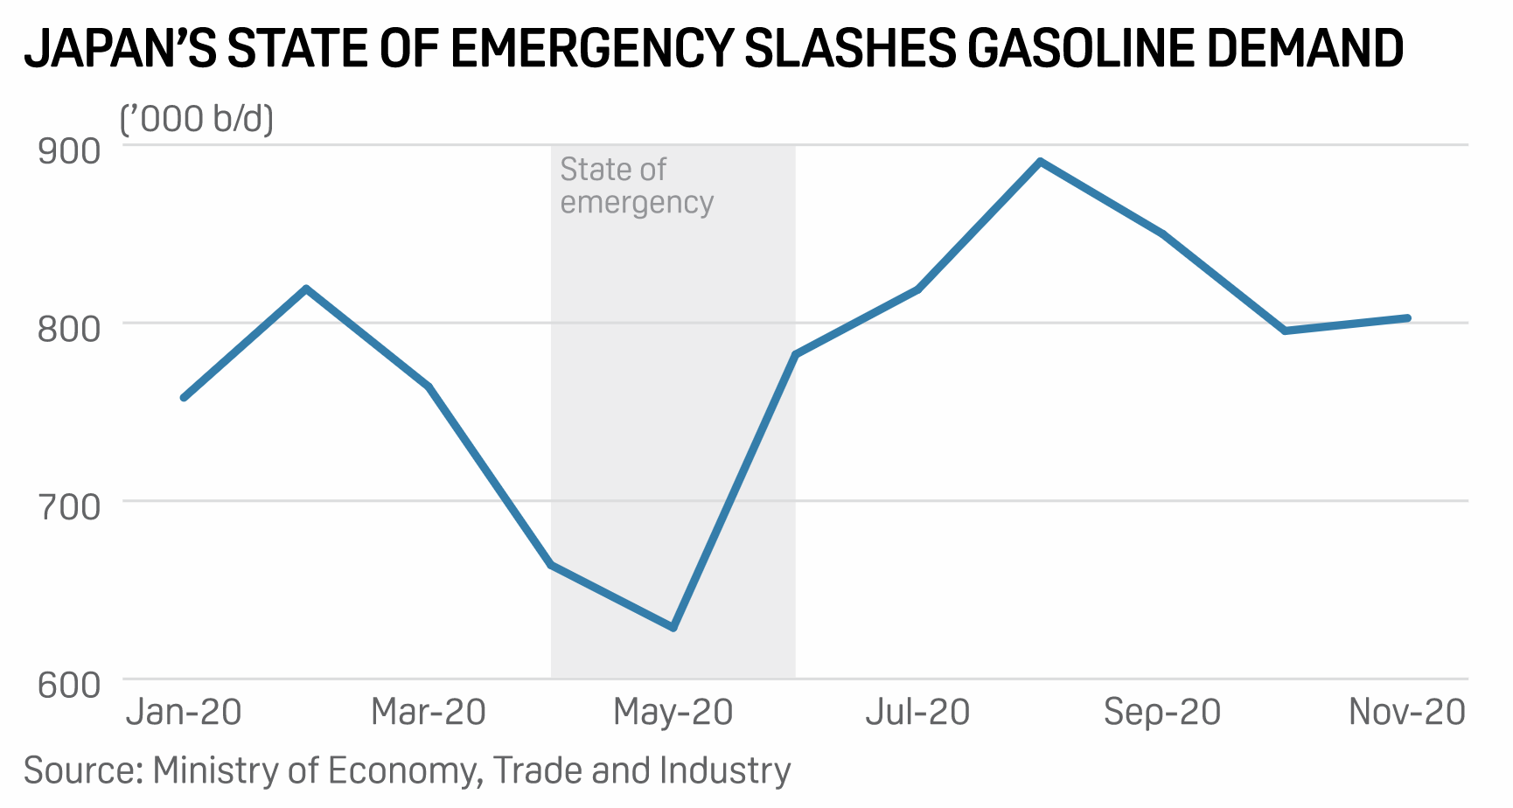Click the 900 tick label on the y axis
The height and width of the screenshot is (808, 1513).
click(69, 150)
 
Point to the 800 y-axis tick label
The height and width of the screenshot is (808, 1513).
click(69, 329)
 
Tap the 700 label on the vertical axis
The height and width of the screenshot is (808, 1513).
click(69, 506)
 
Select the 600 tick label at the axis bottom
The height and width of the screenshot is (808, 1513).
click(69, 685)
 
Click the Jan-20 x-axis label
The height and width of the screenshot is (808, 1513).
click(184, 713)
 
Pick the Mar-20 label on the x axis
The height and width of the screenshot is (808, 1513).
click(429, 713)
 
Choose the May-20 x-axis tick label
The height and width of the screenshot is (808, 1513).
click(673, 713)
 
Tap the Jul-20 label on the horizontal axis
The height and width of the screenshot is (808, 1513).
click(918, 713)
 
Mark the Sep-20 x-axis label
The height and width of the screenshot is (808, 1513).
click(1162, 713)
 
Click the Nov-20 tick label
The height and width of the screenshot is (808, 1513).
click(1407, 713)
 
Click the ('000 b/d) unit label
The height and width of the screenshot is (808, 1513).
click(197, 118)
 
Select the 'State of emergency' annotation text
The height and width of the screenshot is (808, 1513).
click(636, 185)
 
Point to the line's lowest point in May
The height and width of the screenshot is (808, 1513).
click(673, 628)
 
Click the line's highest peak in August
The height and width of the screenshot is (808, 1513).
click(1040, 161)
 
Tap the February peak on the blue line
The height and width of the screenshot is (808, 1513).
click(306, 288)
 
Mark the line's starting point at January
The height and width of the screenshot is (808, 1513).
click(184, 398)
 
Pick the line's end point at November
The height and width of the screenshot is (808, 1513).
click(1407, 317)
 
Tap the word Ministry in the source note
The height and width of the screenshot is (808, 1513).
click(215, 771)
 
